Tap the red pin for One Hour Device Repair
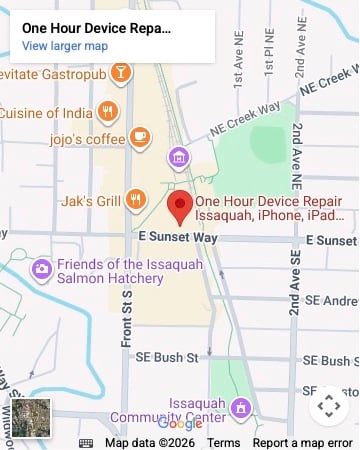(x=180, y=206)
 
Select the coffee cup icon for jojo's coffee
(x=139, y=136)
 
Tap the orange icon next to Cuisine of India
(x=107, y=110)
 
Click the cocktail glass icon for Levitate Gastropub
(x=120, y=73)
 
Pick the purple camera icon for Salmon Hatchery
(x=42, y=269)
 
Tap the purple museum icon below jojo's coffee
(x=178, y=157)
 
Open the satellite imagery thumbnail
(x=30, y=418)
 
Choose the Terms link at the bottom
(x=223, y=442)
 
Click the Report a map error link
(x=302, y=442)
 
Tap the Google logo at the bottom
(x=180, y=424)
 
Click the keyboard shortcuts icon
(x=86, y=442)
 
